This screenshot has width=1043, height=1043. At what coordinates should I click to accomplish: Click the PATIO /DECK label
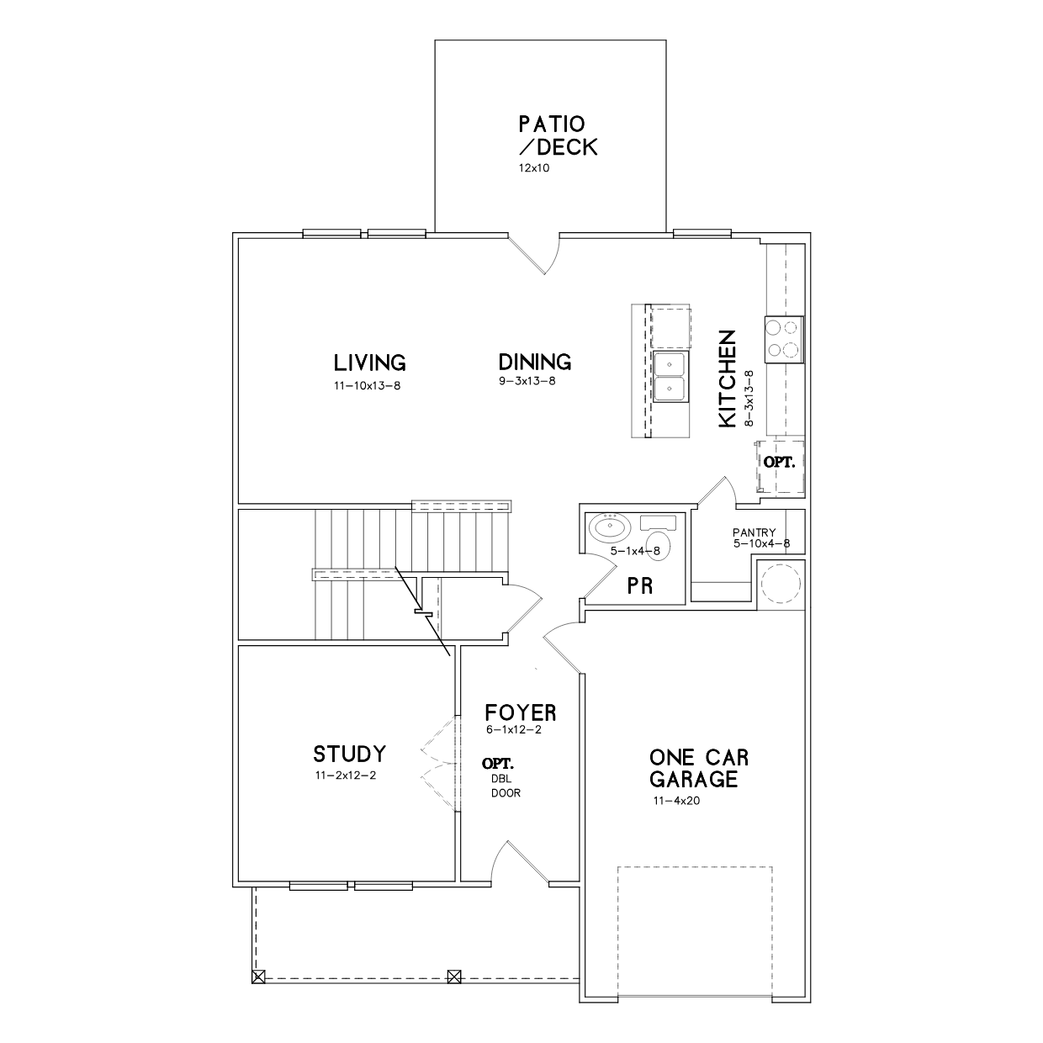(558, 135)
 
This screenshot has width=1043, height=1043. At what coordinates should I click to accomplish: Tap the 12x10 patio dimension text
(533, 167)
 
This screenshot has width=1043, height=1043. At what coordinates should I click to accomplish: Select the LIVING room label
(370, 363)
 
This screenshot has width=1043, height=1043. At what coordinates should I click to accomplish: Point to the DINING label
(535, 362)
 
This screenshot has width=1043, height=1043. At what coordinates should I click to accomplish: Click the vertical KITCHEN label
(728, 379)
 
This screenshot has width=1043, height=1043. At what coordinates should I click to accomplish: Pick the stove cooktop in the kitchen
(784, 339)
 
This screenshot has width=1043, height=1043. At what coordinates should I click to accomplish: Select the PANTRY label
(754, 532)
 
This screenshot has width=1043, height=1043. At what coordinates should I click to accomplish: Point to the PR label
(640, 585)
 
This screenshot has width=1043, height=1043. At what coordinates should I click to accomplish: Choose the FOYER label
(520, 712)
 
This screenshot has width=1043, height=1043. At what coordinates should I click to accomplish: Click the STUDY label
(350, 754)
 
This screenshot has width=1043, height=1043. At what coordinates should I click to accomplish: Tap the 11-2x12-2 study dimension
(346, 775)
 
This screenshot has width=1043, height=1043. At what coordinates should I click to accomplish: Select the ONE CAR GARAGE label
(699, 768)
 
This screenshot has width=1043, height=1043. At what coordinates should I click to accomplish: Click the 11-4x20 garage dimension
(676, 801)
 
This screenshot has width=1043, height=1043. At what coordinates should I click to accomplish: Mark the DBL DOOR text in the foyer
(506, 786)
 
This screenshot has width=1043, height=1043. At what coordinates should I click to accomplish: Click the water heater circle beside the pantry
(780, 584)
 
